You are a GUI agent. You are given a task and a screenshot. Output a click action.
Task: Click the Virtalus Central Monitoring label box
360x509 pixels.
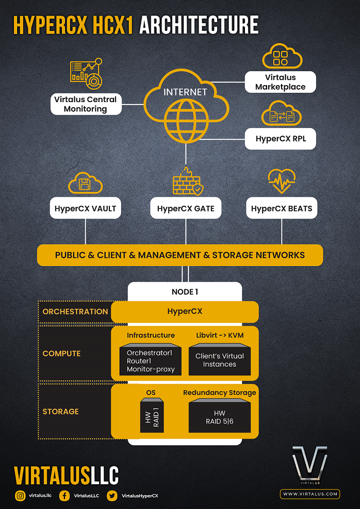coord(86,104)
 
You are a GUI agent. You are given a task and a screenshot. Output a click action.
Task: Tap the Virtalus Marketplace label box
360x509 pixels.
coord(280,82)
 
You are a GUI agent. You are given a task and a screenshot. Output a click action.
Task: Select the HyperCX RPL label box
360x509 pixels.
coord(280,139)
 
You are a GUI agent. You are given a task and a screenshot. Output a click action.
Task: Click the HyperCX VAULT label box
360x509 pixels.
coord(86,209)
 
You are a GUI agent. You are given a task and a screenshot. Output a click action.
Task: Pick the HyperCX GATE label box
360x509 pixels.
coord(186,209)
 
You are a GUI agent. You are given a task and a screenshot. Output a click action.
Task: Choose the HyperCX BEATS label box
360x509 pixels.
coord(282,209)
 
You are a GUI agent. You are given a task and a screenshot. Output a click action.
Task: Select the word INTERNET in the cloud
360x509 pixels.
coord(185,92)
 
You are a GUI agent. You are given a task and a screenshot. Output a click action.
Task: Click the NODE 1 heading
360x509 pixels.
coord(185,292)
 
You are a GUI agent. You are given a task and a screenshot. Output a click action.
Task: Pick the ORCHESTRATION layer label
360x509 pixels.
coord(75,311)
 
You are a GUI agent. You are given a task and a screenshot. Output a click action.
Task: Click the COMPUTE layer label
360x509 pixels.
coord(61,353)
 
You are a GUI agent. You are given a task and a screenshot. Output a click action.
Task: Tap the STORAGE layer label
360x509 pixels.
coord(61,412)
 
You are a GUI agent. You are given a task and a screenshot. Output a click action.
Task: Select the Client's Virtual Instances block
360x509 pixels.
coord(220,360)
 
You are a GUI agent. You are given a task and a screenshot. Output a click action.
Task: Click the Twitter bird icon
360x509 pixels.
coord(112,496)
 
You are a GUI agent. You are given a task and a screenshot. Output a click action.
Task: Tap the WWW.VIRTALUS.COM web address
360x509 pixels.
coord(310,494)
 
